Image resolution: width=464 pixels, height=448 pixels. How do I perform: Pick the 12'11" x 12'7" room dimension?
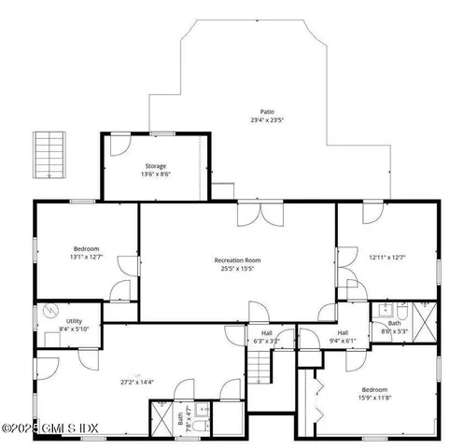[387, 258]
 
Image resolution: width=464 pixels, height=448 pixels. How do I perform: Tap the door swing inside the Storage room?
[120, 145]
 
